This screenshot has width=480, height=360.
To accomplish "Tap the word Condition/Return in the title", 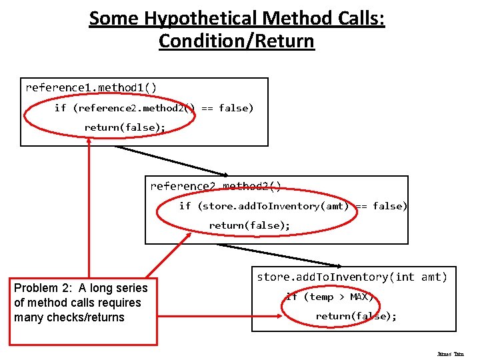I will tap(237, 41).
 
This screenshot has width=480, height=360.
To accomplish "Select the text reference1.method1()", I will tap(91, 87).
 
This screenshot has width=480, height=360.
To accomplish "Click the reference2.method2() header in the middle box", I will tap(216, 186).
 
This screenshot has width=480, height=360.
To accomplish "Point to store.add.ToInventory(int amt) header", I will tap(352, 277).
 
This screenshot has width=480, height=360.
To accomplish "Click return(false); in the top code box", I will tap(125, 127).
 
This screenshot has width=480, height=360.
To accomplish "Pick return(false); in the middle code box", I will tap(249, 225).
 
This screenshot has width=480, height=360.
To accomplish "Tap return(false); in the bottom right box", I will tap(356, 316).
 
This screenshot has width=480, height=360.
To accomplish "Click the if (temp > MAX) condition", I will tap(330, 297).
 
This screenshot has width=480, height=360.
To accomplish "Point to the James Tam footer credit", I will tap(451, 354).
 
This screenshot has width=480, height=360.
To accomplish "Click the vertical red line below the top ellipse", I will tap(89, 200).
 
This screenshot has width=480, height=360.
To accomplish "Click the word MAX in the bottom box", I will tap(361, 297).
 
